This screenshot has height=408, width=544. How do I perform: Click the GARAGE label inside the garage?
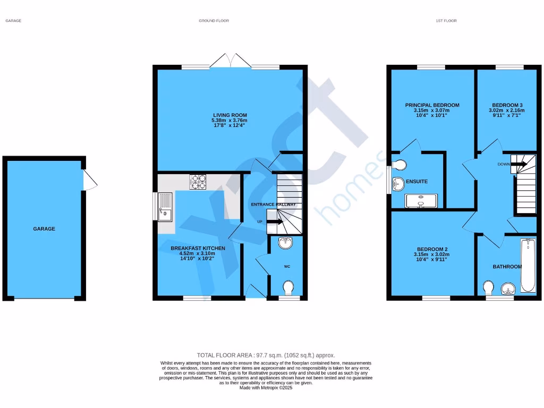(x=44, y=229)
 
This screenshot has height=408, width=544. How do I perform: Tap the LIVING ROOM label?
(x=229, y=115)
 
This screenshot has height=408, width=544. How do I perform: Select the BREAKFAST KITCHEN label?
(x=198, y=248)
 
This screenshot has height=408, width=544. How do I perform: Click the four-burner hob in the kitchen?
(x=199, y=182)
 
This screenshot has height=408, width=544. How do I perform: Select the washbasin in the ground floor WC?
(x=285, y=243)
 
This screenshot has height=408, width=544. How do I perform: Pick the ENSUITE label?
(x=417, y=182)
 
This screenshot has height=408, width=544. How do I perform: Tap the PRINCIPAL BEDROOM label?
(x=432, y=105)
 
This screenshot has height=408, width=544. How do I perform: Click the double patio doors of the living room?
(x=230, y=61)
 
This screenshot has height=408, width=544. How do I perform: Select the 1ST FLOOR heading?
(x=446, y=21)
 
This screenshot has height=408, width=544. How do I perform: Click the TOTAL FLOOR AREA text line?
(x=266, y=355)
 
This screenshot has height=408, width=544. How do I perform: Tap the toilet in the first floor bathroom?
(x=489, y=288)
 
